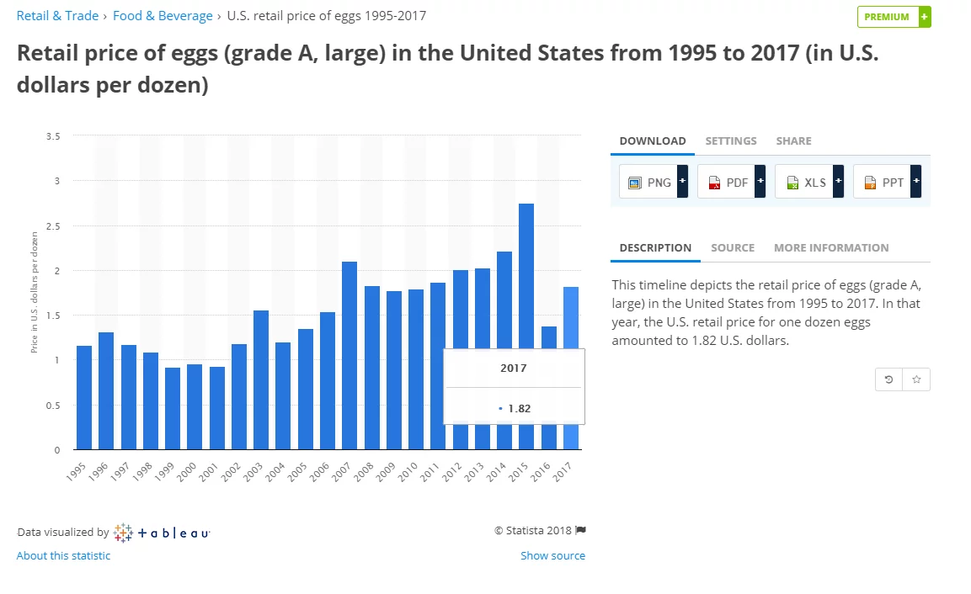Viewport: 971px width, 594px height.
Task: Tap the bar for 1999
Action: (x=173, y=408)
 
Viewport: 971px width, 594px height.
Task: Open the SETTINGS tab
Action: (x=731, y=141)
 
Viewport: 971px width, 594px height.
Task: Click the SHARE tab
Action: (x=793, y=141)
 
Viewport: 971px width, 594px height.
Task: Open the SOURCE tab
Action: (x=733, y=248)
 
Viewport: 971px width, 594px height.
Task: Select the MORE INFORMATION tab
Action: (x=831, y=248)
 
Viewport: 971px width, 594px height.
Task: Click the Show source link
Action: (x=552, y=556)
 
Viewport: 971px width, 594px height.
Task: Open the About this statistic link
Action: (x=63, y=556)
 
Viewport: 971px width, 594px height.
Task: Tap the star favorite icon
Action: (x=916, y=379)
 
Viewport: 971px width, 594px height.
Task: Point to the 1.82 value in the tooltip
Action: (x=519, y=409)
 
